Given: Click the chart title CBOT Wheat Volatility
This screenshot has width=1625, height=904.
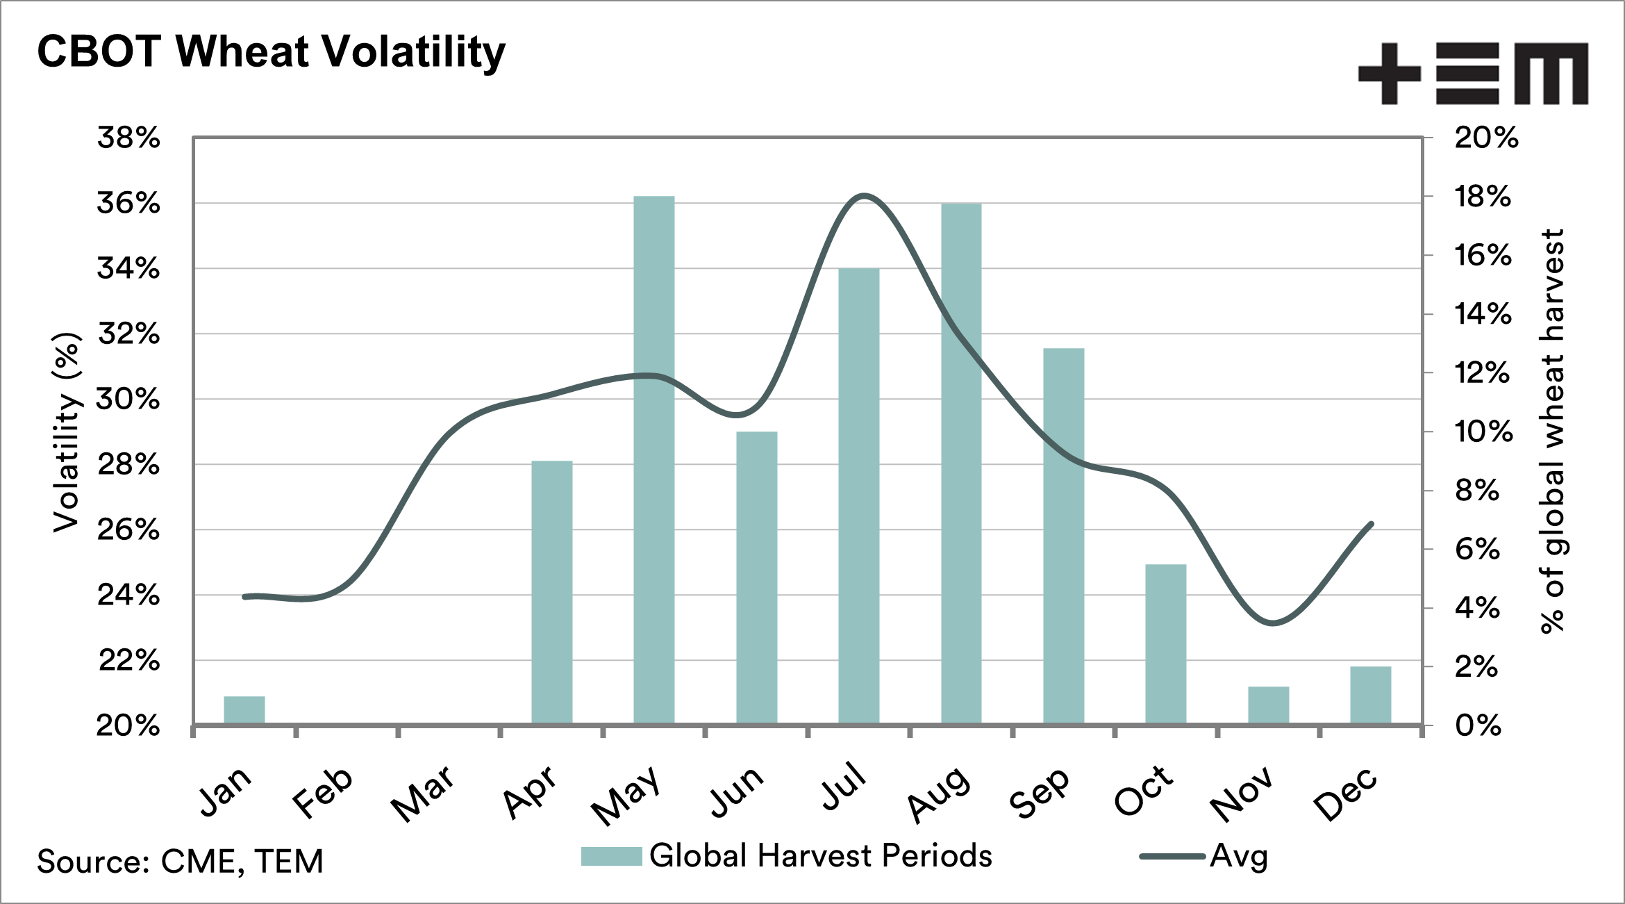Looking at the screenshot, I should (x=271, y=52).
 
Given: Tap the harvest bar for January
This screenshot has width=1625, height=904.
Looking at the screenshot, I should (x=244, y=710).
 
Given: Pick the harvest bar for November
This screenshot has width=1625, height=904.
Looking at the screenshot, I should (x=1268, y=705).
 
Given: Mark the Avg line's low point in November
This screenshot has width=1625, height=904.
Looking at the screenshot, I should (x=1272, y=623).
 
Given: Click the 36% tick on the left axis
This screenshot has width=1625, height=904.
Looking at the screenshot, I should (x=128, y=204).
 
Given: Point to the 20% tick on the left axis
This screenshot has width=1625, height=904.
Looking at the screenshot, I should (x=128, y=726).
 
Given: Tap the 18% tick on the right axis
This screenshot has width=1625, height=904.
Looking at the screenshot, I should (x=1483, y=197).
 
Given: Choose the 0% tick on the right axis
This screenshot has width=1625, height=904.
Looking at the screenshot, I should (x=1478, y=726).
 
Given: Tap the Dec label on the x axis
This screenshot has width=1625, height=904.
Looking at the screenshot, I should (x=1345, y=794).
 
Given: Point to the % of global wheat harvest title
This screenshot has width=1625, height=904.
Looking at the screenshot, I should (x=1553, y=431).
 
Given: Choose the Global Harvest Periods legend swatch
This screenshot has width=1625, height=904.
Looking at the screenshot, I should (x=611, y=856).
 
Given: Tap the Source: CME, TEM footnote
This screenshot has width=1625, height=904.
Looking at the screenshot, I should (x=180, y=862).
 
